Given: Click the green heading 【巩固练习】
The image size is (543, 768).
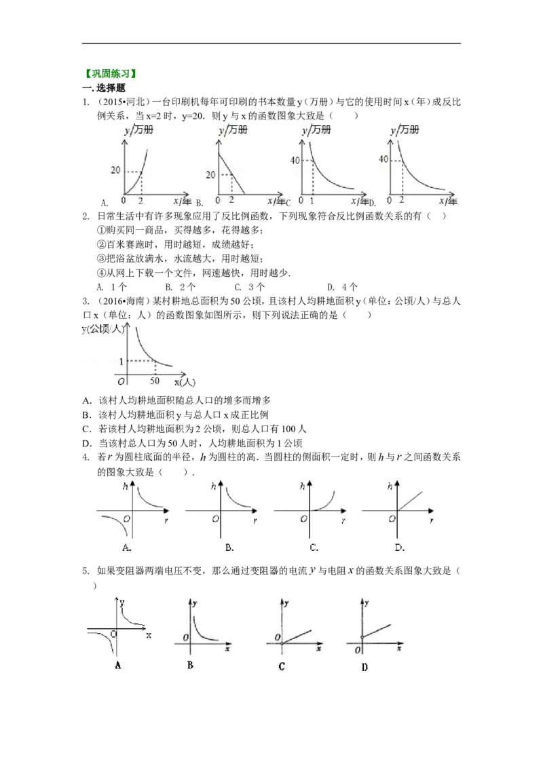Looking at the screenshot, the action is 110,74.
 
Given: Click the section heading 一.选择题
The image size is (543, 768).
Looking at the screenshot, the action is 104,88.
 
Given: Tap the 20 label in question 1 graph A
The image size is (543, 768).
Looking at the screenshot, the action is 115,170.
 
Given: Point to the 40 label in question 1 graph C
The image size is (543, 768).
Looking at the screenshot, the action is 295,159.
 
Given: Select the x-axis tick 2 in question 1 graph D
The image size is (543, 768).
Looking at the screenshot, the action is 402,200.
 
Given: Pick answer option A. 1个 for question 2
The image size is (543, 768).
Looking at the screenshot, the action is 112,287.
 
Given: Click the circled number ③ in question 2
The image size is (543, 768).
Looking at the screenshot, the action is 101,258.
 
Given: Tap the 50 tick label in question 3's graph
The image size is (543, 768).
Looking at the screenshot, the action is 155,381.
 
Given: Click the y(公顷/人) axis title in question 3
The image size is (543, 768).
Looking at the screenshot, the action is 103,330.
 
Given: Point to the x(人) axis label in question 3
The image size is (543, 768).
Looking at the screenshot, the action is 185,382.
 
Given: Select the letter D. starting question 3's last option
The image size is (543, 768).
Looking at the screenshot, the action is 88,443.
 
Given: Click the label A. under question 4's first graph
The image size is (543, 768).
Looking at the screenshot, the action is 126,547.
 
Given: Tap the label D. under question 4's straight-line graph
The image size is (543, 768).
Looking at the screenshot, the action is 399,547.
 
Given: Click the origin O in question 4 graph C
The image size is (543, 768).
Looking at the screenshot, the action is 303,519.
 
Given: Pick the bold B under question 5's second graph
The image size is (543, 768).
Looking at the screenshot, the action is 190,665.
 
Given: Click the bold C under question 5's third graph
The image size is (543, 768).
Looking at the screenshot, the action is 281,666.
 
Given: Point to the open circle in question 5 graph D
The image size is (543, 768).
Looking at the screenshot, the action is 362,637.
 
